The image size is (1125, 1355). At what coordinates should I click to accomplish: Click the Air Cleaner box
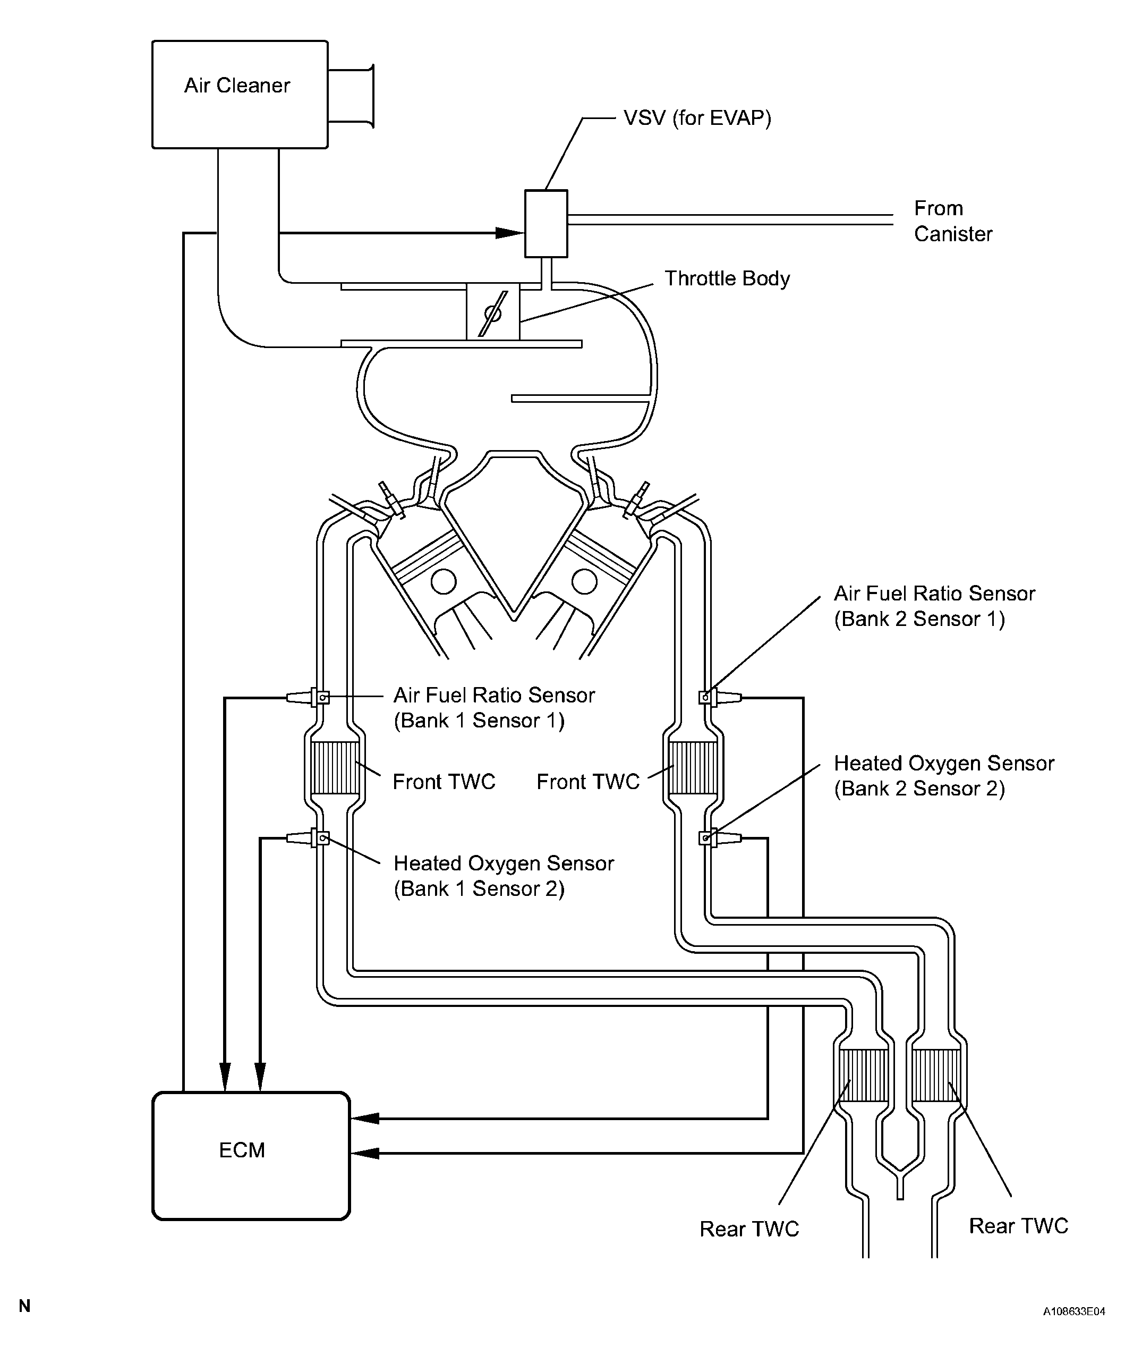click(x=240, y=94)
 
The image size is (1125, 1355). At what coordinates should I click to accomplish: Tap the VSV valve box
click(x=546, y=223)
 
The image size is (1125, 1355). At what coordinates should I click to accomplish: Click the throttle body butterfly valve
click(x=493, y=314)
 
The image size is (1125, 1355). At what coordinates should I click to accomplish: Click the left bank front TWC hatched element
click(x=335, y=768)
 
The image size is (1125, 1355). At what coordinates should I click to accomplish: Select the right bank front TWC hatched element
click(x=693, y=768)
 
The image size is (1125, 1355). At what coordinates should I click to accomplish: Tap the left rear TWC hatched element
click(x=864, y=1075)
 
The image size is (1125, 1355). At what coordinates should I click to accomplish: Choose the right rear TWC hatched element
click(x=936, y=1075)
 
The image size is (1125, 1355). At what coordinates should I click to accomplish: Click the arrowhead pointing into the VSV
click(x=509, y=232)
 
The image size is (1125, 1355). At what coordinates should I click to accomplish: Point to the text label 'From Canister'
click(x=953, y=221)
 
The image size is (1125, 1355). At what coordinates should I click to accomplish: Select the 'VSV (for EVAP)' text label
click(x=697, y=118)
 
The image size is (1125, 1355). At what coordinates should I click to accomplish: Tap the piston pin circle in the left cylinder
click(x=443, y=581)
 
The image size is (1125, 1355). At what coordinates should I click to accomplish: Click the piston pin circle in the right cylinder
click(x=584, y=581)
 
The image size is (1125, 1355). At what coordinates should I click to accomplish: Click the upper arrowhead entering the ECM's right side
click(x=364, y=1118)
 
